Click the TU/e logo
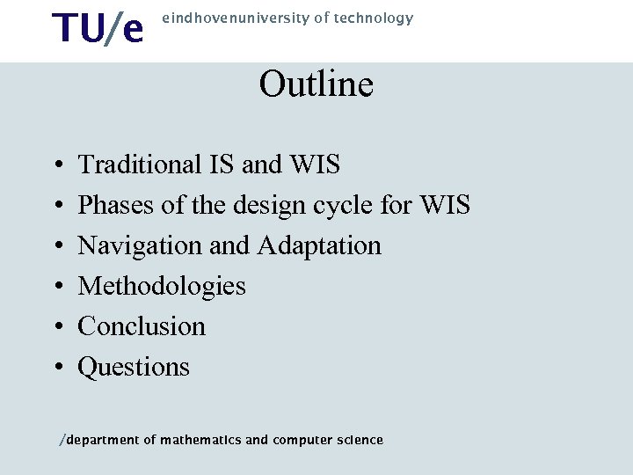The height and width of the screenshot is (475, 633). pyautogui.click(x=97, y=28)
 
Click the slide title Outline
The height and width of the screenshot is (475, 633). pyautogui.click(x=316, y=84)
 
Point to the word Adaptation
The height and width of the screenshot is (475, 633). pyautogui.click(x=320, y=245)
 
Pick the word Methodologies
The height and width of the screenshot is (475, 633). pyautogui.click(x=162, y=286)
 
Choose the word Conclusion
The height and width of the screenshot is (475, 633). pyautogui.click(x=142, y=326)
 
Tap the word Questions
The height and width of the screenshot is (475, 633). pyautogui.click(x=134, y=367)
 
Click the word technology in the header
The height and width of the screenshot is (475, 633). pyautogui.click(x=375, y=18)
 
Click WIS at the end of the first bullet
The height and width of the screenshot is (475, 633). pyautogui.click(x=316, y=164)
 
